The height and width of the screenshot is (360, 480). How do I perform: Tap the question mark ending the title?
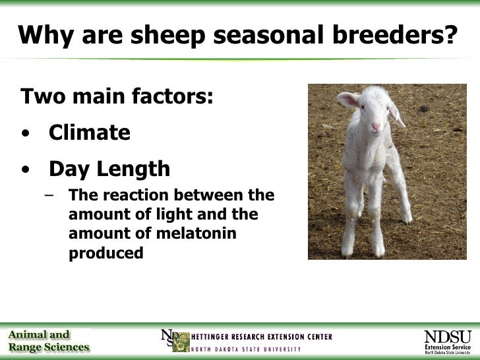[x=449, y=36]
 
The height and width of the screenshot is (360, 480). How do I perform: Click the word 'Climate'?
[x=90, y=133]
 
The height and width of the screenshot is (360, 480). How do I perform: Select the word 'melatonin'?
[x=195, y=234]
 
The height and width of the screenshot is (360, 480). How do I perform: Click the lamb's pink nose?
[x=376, y=126]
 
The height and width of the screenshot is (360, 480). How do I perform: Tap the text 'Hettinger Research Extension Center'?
[x=262, y=336]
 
